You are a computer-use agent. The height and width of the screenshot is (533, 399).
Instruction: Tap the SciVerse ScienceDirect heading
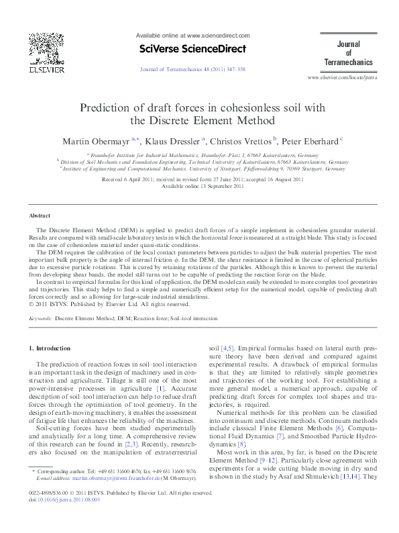tap(192, 48)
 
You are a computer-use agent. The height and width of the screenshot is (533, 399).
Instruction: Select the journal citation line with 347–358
tap(192, 68)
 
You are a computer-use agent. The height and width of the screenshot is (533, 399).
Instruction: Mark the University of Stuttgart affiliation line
tap(201, 168)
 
